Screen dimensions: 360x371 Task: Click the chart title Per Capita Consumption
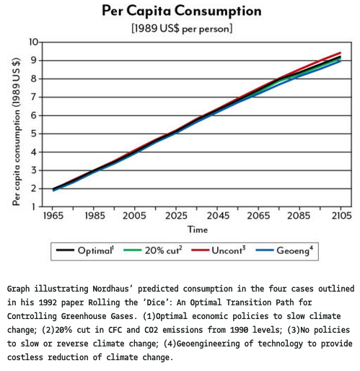point(182,11)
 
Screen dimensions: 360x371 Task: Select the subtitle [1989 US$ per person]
point(182,29)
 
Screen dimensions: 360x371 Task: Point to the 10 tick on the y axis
point(34,42)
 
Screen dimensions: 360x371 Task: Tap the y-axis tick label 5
point(34,134)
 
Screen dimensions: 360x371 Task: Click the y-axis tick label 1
point(34,206)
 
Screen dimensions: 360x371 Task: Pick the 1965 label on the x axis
point(53,216)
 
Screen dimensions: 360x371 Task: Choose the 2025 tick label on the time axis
point(176,216)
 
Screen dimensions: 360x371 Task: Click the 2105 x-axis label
point(341,216)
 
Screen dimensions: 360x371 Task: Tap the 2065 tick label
point(258,216)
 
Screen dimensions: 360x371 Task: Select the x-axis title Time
point(198,230)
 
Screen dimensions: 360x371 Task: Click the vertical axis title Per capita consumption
point(17,132)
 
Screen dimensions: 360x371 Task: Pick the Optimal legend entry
point(85,250)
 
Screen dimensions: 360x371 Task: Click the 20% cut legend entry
point(153,250)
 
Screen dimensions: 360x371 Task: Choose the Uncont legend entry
point(219,250)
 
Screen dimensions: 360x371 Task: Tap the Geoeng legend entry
point(284,250)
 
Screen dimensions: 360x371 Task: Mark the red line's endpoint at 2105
point(341,53)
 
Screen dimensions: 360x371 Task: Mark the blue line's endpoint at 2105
point(341,61)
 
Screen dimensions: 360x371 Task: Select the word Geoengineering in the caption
point(208,344)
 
